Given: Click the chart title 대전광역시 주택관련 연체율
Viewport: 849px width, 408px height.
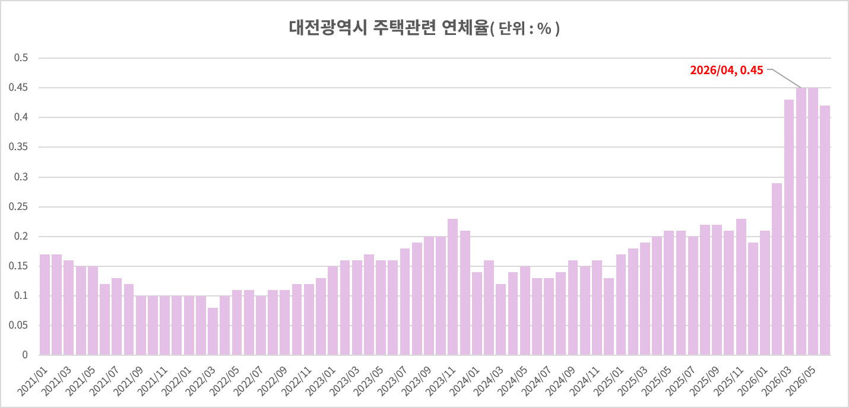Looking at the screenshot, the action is click(x=389, y=28).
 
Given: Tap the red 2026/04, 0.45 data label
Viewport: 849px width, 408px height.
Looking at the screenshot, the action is click(x=726, y=71).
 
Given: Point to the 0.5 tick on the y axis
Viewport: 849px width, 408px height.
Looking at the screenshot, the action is click(x=21, y=58).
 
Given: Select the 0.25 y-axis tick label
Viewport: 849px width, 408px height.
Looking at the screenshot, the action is click(x=18, y=206).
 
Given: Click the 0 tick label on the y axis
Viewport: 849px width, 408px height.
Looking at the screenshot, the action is click(x=25, y=355).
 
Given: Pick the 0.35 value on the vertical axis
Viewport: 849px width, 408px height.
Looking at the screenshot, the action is click(x=18, y=147).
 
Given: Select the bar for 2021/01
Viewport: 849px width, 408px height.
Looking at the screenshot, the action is click(x=45, y=305).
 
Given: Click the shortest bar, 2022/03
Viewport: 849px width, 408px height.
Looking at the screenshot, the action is click(x=213, y=331).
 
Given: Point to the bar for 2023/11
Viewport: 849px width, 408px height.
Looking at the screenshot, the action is click(x=452, y=287).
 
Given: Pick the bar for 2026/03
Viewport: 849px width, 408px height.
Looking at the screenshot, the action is click(x=788, y=228).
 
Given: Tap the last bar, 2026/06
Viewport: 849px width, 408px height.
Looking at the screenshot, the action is click(x=825, y=231).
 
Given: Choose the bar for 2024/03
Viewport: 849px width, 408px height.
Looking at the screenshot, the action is click(x=500, y=320).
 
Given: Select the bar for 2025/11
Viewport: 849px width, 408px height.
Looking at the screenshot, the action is click(x=741, y=287).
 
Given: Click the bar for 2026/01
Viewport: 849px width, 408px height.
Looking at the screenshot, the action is click(x=765, y=293).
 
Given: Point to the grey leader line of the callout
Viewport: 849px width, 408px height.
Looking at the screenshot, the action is click(x=784, y=78).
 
